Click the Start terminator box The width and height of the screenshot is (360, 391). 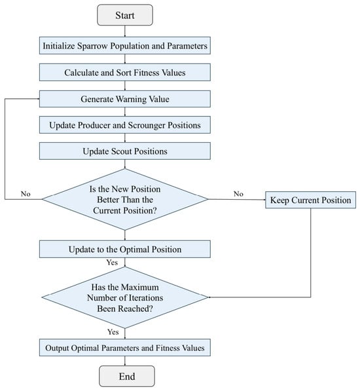pyautogui.click(x=125, y=15)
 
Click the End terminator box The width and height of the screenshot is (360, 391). pyautogui.click(x=127, y=377)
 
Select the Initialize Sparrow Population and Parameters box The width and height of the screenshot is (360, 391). pyautogui.click(x=125, y=46)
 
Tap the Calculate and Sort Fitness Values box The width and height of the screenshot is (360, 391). pyautogui.click(x=125, y=72)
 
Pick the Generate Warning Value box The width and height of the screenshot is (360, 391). pyautogui.click(x=125, y=99)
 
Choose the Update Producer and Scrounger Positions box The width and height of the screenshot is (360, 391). pyautogui.click(x=125, y=125)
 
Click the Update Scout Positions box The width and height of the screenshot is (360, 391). pyautogui.click(x=125, y=151)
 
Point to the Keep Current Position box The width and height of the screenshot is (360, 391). pyautogui.click(x=310, y=200)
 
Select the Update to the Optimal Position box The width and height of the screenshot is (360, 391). pyautogui.click(x=125, y=249)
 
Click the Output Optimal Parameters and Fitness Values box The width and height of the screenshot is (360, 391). pyautogui.click(x=125, y=348)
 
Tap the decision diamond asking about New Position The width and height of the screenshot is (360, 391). pyautogui.click(x=125, y=199)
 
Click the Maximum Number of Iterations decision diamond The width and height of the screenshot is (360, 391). pyautogui.click(x=125, y=297)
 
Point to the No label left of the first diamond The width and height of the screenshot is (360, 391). pyautogui.click(x=26, y=194)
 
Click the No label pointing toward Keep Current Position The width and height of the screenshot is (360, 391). pyautogui.click(x=238, y=194)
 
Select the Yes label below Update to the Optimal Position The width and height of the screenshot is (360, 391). pyautogui.click(x=112, y=263)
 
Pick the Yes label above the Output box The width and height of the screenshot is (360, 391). pyautogui.click(x=113, y=332)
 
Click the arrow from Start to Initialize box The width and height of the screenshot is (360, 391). pyautogui.click(x=125, y=31)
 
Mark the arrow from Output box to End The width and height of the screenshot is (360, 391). pyautogui.click(x=125, y=361)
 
